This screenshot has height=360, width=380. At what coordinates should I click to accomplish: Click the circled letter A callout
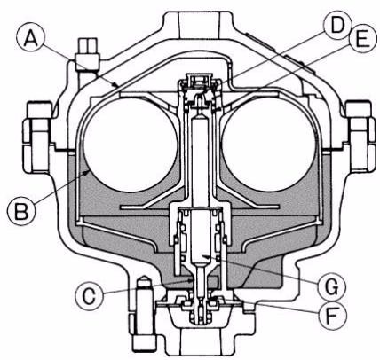click(31, 40)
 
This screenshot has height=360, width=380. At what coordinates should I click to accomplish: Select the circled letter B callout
click(22, 211)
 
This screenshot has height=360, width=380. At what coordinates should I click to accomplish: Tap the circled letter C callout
click(90, 295)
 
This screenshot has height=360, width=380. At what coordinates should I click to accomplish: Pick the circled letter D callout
click(337, 25)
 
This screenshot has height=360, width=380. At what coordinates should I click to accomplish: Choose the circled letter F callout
click(332, 316)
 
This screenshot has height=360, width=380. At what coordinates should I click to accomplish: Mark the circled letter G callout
click(331, 286)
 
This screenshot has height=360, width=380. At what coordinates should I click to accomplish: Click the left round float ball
click(131, 145)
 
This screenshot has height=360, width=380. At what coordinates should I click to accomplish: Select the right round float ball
click(269, 145)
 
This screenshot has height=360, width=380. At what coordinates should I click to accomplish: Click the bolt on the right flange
click(359, 137)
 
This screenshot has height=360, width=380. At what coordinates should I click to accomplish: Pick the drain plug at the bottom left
click(144, 313)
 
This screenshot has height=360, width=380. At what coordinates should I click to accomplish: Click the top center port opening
click(199, 25)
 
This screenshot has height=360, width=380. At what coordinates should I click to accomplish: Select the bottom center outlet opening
click(199, 343)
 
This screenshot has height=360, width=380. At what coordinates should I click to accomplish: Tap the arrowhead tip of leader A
click(118, 87)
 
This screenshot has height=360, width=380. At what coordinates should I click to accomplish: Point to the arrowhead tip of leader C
click(194, 279)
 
